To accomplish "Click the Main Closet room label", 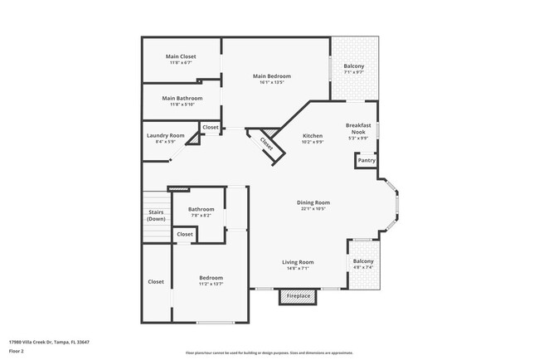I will tap(181, 56).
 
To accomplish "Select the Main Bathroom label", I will tap(181, 98).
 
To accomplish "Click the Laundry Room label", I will tap(165, 135).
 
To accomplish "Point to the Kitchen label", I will tap(312, 135).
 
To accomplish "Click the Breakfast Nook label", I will tap(358, 128).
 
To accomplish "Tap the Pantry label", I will tap(367, 160).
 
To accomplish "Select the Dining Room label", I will tap(313, 202).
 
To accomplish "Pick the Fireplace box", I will tap(299, 296).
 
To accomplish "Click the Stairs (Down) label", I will tap(156, 216).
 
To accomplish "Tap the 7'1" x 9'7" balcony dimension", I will tap(354, 72).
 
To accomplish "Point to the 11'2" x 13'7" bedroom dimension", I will tap(211, 285).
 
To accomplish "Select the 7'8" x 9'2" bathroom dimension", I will tap(201, 216).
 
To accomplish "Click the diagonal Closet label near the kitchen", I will tap(266, 143).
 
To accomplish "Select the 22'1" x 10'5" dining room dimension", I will tap(313, 209).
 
